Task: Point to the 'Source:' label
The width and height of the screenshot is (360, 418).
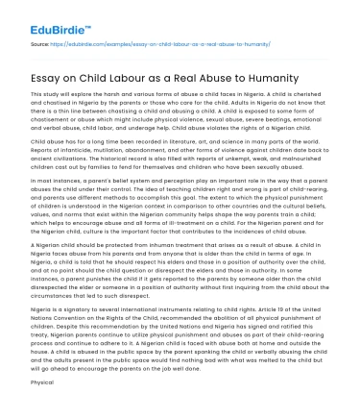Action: (x=40, y=45)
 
